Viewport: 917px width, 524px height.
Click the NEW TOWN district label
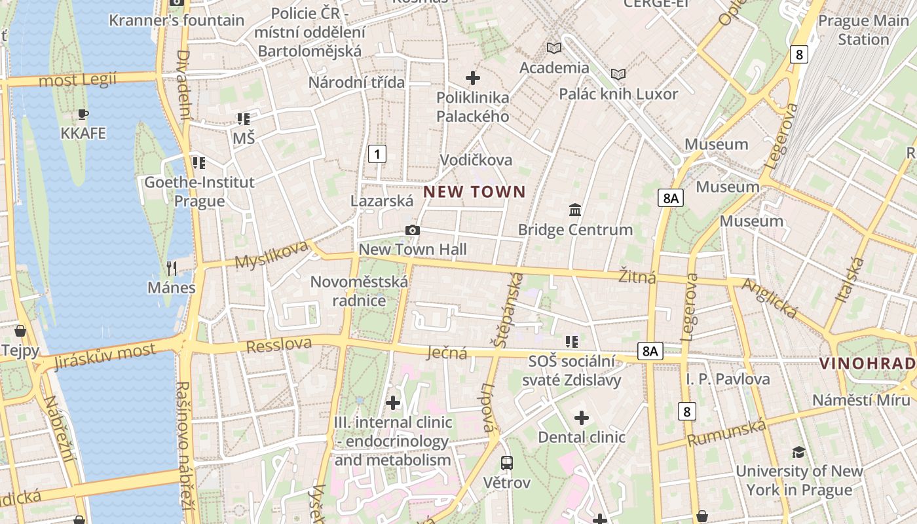click(474, 192)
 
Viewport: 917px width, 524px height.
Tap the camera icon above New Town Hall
click(412, 230)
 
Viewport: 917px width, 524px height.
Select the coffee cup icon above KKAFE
click(83, 115)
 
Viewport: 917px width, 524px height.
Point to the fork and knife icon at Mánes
click(171, 268)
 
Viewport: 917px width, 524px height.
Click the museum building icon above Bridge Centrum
click(575, 210)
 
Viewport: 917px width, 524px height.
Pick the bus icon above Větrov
click(506, 463)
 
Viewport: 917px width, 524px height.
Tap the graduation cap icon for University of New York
click(798, 452)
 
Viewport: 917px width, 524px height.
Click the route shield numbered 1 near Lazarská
click(377, 155)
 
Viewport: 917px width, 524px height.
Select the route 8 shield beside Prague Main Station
click(798, 54)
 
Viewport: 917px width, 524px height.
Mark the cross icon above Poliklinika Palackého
click(472, 79)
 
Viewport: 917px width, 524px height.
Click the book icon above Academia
click(554, 48)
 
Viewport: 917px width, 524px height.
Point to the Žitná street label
click(637, 276)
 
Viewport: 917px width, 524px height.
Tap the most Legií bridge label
click(77, 81)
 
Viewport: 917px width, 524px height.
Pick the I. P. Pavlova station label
click(728, 379)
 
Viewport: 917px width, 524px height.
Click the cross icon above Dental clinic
click(581, 418)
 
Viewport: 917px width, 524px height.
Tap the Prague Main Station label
click(863, 30)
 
